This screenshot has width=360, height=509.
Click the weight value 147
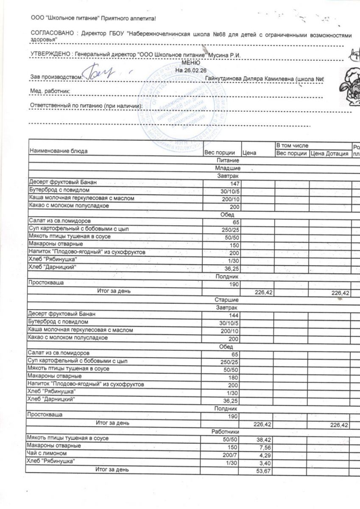tap(234, 184)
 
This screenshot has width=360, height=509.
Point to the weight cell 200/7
tap(232, 454)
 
